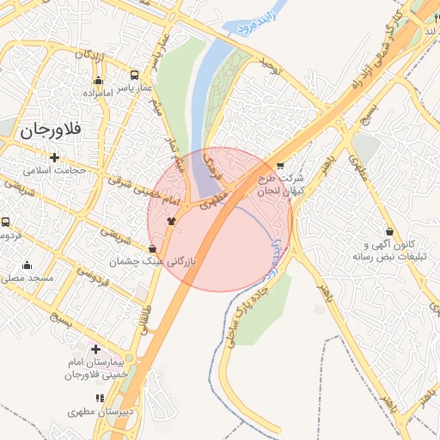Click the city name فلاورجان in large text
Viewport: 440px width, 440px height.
[48, 131]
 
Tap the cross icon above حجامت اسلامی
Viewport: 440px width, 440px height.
[55, 156]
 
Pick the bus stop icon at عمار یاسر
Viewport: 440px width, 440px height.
[134, 75]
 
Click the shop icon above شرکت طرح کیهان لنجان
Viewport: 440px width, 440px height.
[280, 165]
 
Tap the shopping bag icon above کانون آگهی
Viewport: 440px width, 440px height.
[390, 230]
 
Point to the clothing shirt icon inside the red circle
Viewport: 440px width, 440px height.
[172, 221]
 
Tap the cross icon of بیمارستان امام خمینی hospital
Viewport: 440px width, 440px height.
[95, 349]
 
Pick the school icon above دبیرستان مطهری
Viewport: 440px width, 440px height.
[100, 399]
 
